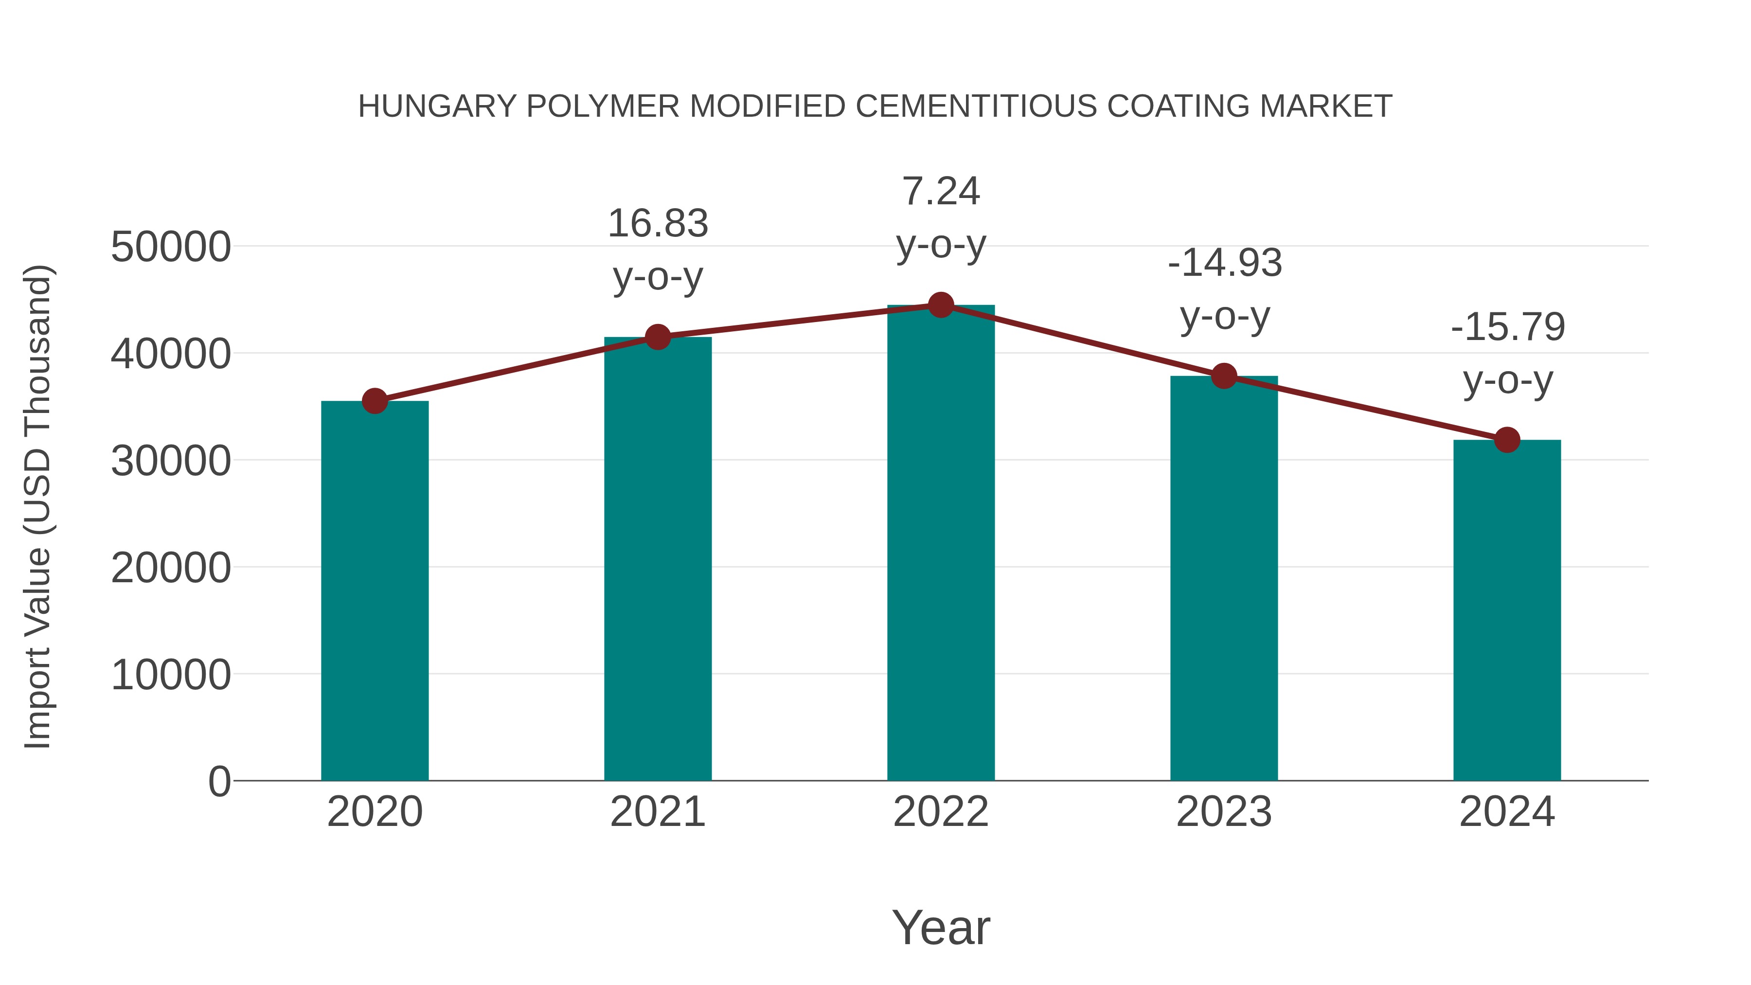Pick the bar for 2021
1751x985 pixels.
(657, 558)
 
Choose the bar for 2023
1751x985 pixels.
(1224, 578)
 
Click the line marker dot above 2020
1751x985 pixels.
(375, 401)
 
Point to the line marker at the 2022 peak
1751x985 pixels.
(941, 305)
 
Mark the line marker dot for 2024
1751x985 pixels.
(1507, 440)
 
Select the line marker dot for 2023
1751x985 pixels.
(1224, 376)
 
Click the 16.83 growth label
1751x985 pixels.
(657, 224)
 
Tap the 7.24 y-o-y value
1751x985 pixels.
(941, 191)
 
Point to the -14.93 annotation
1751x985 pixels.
(1224, 263)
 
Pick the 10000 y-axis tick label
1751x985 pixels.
(171, 675)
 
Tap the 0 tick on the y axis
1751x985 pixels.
(219, 782)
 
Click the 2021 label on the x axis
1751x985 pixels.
(657, 812)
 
